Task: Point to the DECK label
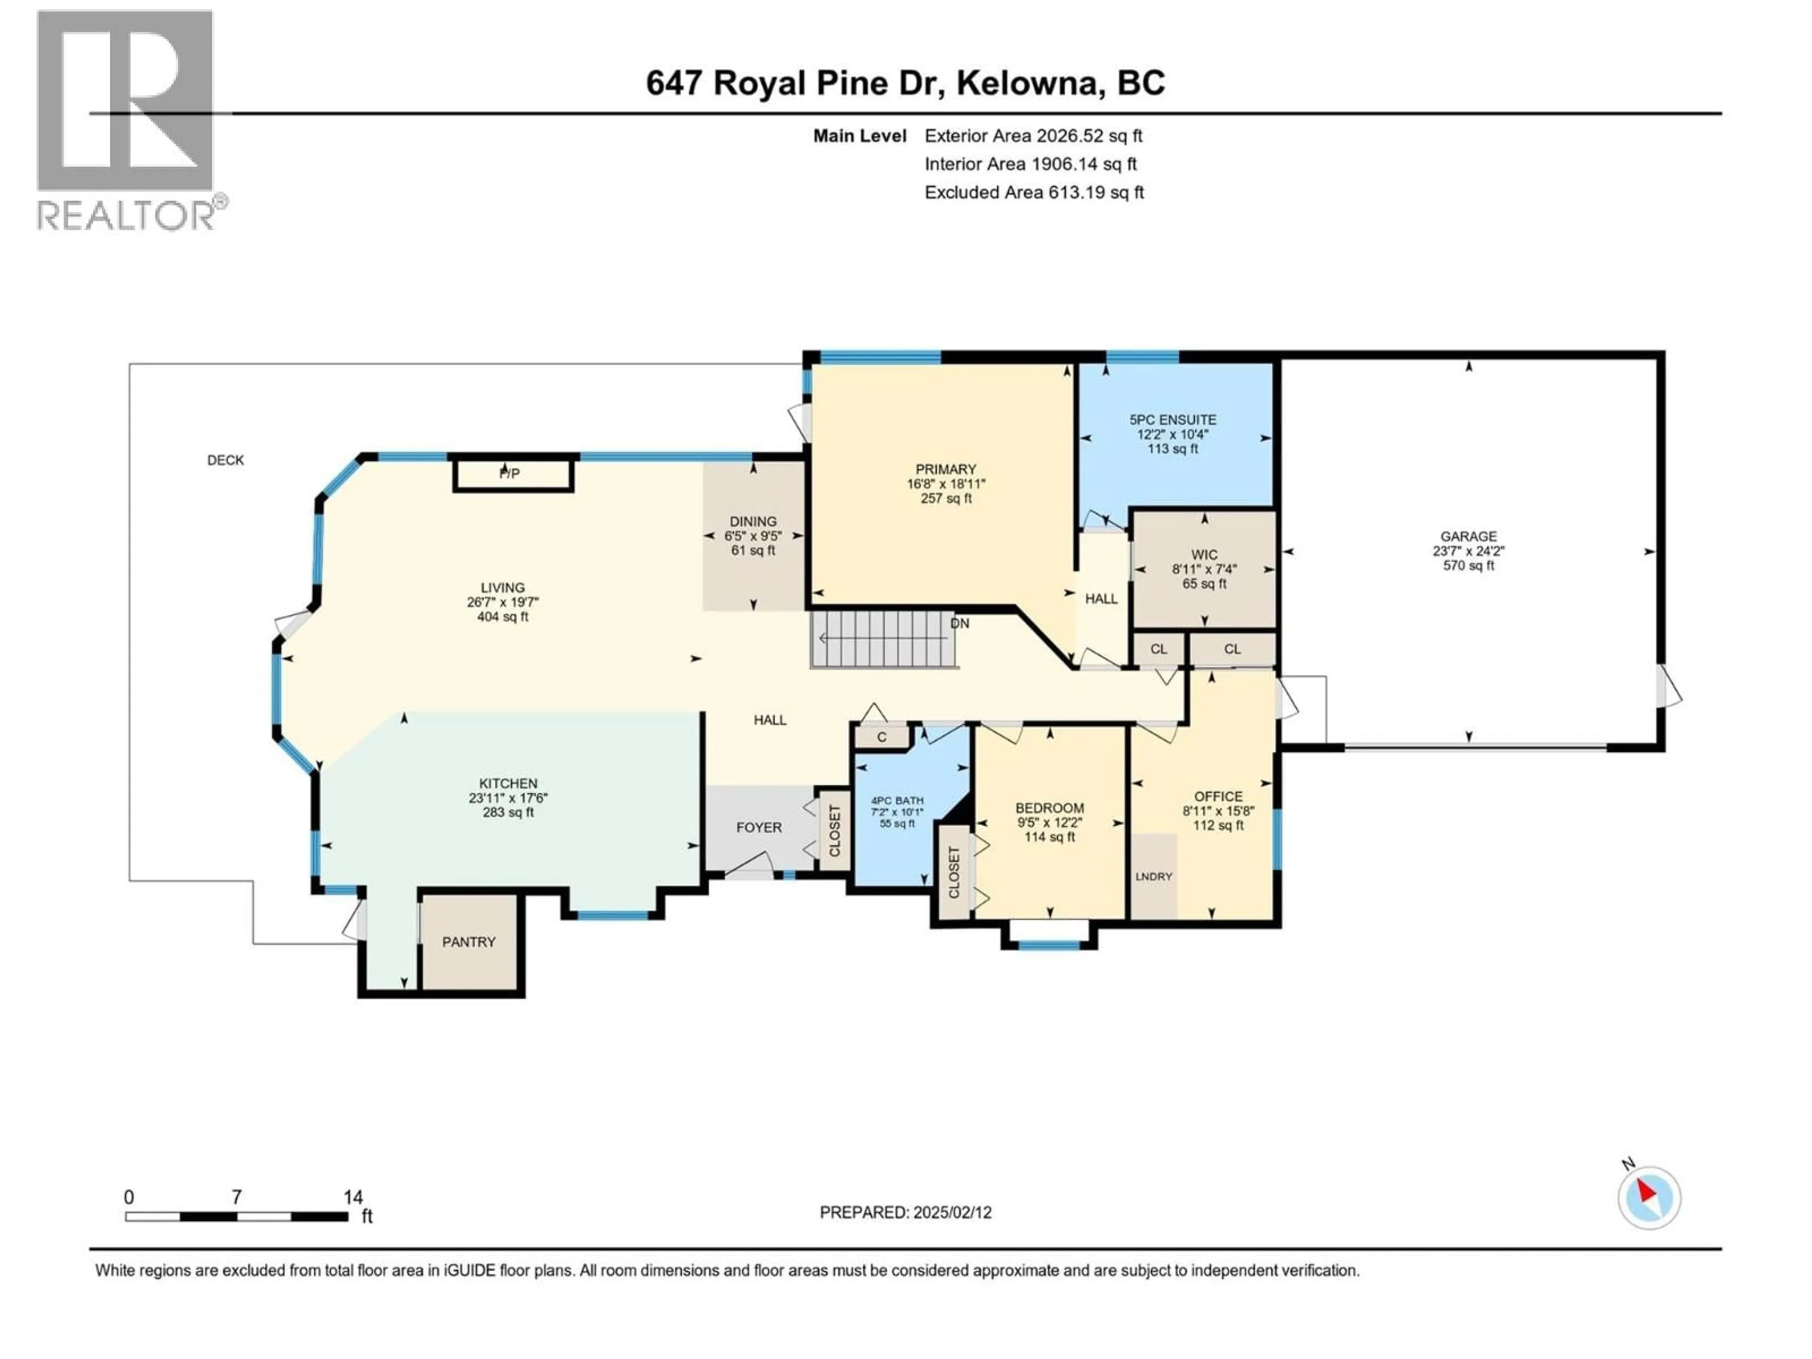point(225,461)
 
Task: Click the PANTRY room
point(469,942)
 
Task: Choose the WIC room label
point(1204,554)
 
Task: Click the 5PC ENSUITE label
point(1173,419)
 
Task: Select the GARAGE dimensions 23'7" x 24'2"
point(1469,551)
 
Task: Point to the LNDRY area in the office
point(1154,877)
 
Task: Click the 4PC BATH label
point(897,800)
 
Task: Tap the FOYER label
point(759,827)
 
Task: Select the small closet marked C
point(881,737)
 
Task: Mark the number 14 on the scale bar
point(353,1198)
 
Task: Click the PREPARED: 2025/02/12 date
point(905,1212)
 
